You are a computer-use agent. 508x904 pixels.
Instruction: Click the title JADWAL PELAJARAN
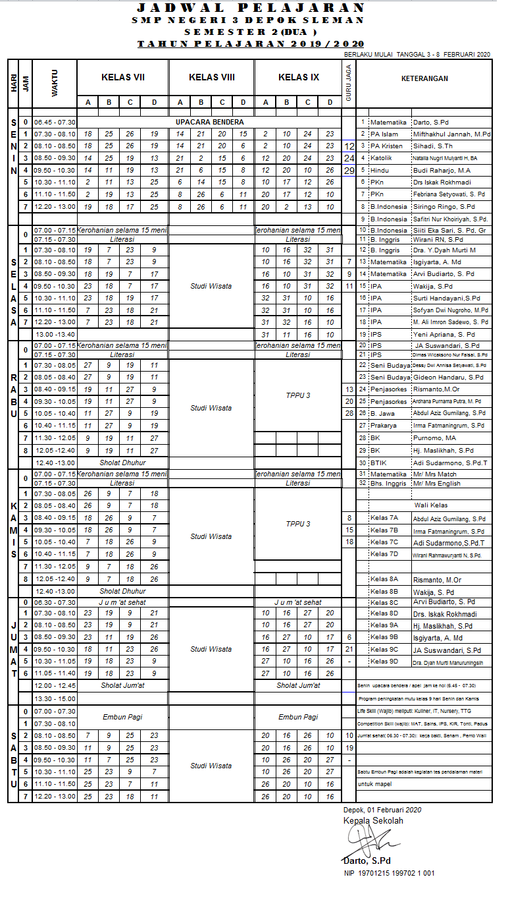click(x=250, y=8)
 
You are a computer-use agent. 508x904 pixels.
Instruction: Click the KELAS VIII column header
click(x=212, y=78)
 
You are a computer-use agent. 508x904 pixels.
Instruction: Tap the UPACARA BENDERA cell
click(x=209, y=122)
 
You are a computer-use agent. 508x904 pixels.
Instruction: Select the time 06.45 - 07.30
click(x=55, y=122)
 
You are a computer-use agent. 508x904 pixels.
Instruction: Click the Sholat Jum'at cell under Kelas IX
click(x=298, y=685)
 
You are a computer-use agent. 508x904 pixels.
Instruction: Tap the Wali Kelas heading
click(x=431, y=505)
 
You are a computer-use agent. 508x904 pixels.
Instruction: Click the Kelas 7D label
click(x=384, y=554)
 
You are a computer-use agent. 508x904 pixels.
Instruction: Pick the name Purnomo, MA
click(x=434, y=438)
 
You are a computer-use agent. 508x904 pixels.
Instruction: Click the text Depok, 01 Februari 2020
click(x=382, y=810)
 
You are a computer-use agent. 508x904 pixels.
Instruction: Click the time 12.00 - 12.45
click(x=55, y=685)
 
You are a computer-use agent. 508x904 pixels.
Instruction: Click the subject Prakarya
click(x=383, y=426)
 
